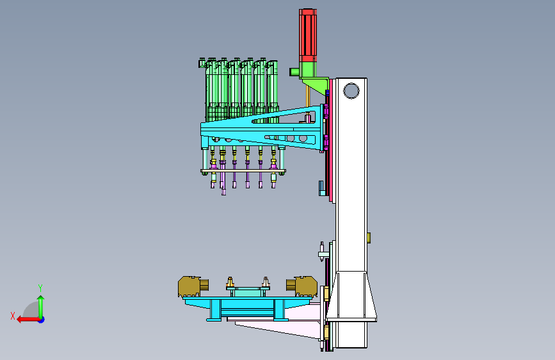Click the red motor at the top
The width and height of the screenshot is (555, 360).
(307, 36)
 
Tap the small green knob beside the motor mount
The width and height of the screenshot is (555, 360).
(294, 72)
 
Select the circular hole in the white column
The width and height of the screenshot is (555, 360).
(351, 91)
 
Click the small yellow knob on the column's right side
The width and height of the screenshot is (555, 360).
(369, 238)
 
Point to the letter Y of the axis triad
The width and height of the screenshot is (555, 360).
(40, 288)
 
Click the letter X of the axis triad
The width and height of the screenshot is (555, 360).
(13, 316)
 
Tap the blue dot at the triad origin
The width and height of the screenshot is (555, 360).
(42, 320)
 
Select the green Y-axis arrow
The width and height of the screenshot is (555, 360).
(41, 306)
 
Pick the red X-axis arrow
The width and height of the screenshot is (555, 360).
(28, 320)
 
